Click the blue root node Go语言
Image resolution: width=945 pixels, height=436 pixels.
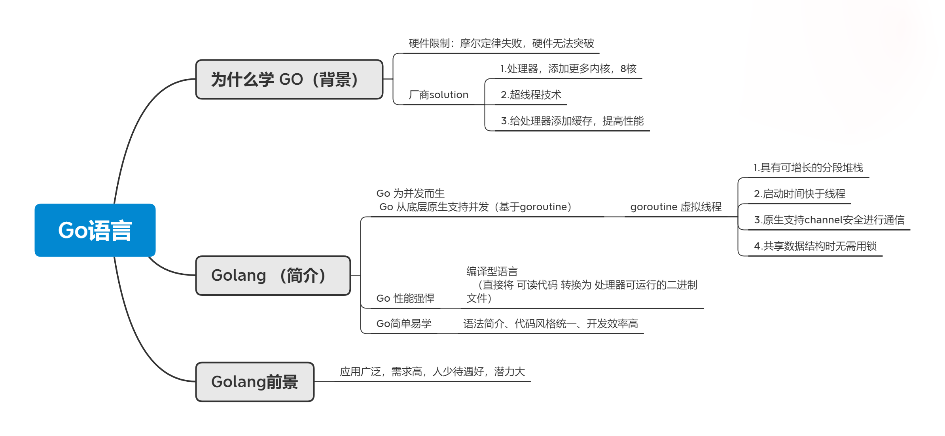tap(95, 230)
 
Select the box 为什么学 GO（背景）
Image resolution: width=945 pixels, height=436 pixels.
tap(289, 79)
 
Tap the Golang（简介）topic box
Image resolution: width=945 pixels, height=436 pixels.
tap(273, 275)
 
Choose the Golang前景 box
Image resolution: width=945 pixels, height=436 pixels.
tap(255, 382)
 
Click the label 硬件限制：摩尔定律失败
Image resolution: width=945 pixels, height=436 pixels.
tap(501, 44)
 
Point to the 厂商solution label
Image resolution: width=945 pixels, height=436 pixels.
tap(438, 95)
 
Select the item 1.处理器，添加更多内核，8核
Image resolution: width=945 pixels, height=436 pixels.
tap(568, 69)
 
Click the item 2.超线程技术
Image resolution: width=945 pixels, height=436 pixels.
tap(531, 95)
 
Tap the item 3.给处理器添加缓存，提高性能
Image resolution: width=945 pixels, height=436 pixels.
tap(572, 121)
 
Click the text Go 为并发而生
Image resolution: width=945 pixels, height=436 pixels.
tap(411, 194)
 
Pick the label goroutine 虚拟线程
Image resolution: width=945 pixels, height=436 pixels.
tap(676, 207)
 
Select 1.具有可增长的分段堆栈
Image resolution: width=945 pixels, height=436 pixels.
tap(808, 168)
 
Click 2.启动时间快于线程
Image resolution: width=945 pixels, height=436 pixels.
tap(799, 194)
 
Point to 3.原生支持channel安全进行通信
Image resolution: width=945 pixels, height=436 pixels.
tap(829, 220)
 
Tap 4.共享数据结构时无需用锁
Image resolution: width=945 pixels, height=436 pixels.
tap(815, 246)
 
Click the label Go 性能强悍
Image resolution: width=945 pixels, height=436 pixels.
tap(405, 298)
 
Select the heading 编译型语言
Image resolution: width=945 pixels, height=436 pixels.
tap(492, 272)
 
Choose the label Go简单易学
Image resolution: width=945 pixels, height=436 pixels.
tap(404, 324)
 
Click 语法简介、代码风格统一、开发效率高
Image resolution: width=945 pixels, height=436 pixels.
tap(551, 324)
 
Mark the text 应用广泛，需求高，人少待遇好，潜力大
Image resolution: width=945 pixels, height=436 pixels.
tap(432, 372)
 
